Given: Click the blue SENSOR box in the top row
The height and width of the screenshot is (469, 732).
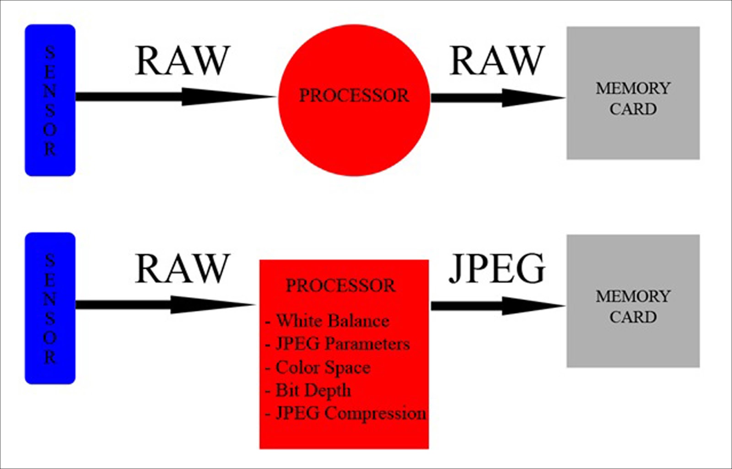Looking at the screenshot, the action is (x=50, y=100).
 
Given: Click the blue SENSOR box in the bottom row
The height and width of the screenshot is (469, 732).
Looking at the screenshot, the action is (x=50, y=308).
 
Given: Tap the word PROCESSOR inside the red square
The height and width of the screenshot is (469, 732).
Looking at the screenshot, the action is (x=340, y=286).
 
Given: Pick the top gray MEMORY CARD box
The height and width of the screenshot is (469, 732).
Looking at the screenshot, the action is (x=633, y=93).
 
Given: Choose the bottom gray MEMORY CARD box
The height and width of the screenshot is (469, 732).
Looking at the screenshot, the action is (x=633, y=301).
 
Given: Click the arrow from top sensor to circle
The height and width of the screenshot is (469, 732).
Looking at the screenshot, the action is (x=174, y=97).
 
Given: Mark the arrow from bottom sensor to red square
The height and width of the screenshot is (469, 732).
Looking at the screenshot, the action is (x=165, y=304).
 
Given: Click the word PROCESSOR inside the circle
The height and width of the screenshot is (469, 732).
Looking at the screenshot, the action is (x=354, y=95).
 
